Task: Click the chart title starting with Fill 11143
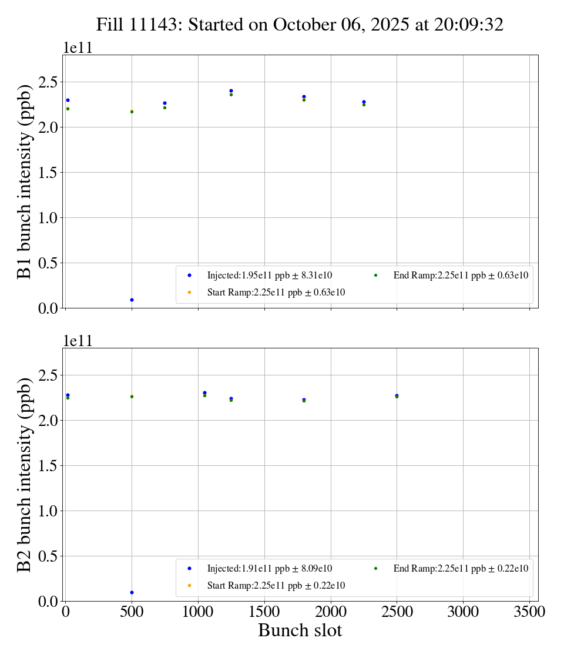[300, 25]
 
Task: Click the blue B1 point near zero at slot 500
[132, 300]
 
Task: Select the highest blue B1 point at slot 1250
[231, 90]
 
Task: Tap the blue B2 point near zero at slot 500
[132, 592]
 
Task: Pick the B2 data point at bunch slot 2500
[397, 396]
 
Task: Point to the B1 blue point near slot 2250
[364, 102]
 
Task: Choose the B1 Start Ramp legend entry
[276, 292]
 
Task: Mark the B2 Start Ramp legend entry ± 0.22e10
[276, 585]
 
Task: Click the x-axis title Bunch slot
[300, 630]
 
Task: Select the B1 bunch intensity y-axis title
[25, 181]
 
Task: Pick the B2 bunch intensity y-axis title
[25, 474]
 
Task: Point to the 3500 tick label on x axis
[529, 612]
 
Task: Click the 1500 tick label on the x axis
[264, 612]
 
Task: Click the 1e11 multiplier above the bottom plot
[78, 341]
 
